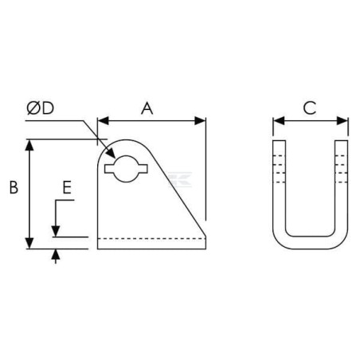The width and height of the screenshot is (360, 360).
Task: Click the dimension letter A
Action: coord(147,108)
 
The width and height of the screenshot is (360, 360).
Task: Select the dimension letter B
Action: coord(14,187)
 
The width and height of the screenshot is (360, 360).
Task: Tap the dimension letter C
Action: coord(310,108)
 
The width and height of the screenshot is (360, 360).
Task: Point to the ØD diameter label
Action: coord(41,108)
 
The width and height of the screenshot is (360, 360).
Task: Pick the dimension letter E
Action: coord(67,187)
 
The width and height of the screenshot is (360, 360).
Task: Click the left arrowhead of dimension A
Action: coord(104,121)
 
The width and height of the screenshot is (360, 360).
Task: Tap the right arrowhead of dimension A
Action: coord(200,121)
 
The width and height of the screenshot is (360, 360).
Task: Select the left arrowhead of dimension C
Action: coord(279,121)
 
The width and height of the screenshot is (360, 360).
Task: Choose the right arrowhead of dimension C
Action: coord(342,121)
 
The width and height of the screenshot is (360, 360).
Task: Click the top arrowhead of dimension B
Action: coord(29,145)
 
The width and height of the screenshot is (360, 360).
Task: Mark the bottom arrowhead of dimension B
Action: coord(29,244)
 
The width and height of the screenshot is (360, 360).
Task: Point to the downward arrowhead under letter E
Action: coord(56,231)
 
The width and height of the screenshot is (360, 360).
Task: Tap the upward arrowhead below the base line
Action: coord(56,255)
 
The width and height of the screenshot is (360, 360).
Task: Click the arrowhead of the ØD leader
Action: coord(111,154)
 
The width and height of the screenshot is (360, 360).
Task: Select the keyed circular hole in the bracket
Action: coord(127,169)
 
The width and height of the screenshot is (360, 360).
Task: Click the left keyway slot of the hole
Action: coord(109,169)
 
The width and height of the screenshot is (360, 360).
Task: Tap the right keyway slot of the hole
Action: coord(143,169)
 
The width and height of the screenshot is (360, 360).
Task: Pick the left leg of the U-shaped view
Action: coord(280,186)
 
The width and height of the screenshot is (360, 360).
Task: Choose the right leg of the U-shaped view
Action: coord(342,186)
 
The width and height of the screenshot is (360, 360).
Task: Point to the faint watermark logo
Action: coord(180,179)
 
